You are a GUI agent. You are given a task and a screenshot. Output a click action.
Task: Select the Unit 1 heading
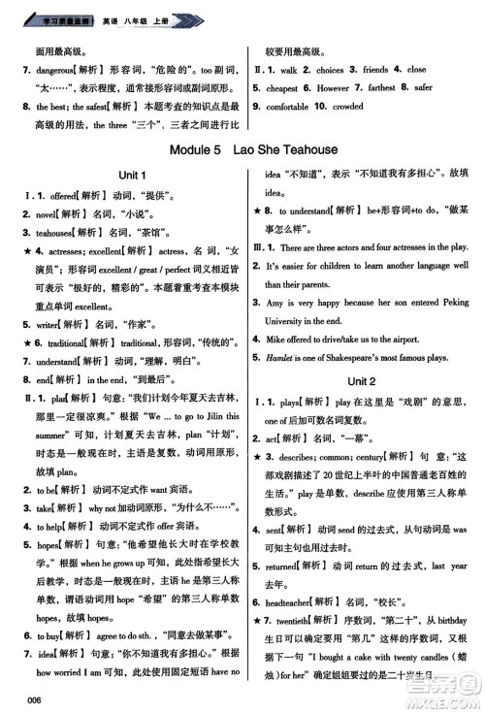click(129, 175)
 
